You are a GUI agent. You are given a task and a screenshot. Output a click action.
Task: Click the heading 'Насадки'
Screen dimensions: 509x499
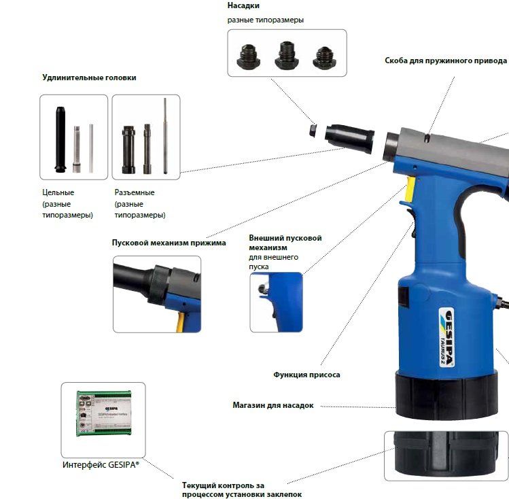[243, 5]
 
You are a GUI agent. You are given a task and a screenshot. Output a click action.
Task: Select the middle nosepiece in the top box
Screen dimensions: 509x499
[286, 56]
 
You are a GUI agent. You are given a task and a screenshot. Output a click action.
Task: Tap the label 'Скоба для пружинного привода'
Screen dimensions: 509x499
[446, 61]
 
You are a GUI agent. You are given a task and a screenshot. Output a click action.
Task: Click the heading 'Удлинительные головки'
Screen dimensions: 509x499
[89, 78]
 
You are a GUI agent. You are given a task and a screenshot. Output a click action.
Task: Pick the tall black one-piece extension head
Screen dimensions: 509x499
[60, 139]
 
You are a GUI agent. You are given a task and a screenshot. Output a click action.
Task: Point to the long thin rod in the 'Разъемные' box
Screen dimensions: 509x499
[165, 136]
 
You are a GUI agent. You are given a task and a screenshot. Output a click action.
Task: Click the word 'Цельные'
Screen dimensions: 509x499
[58, 192]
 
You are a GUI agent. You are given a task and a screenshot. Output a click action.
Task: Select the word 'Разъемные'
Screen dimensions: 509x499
[135, 192]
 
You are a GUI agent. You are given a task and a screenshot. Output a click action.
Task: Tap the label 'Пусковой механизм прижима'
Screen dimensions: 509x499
[169, 243]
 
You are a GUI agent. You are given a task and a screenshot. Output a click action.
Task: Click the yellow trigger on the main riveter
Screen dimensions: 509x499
[410, 188]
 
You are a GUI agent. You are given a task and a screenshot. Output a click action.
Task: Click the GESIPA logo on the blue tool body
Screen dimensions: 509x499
[446, 338]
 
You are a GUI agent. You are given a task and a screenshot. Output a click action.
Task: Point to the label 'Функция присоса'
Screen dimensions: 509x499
[306, 375]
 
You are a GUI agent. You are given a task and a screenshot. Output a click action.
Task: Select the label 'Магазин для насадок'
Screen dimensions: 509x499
[273, 405]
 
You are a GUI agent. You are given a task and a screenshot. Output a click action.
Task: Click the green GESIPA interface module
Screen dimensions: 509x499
[104, 413]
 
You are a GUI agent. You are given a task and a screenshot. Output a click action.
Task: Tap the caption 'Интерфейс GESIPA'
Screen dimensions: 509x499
[101, 464]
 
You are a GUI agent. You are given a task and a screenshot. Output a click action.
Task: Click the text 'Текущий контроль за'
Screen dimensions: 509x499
[223, 485]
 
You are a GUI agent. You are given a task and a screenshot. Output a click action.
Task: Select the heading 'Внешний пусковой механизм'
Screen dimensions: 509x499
[285, 243]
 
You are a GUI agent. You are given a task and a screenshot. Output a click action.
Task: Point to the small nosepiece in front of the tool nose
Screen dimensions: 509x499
[313, 130]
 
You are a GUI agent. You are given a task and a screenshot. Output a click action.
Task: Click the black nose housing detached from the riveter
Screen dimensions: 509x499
[349, 138]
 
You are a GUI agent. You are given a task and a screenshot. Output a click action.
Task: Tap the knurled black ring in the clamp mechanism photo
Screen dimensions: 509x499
[160, 284]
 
